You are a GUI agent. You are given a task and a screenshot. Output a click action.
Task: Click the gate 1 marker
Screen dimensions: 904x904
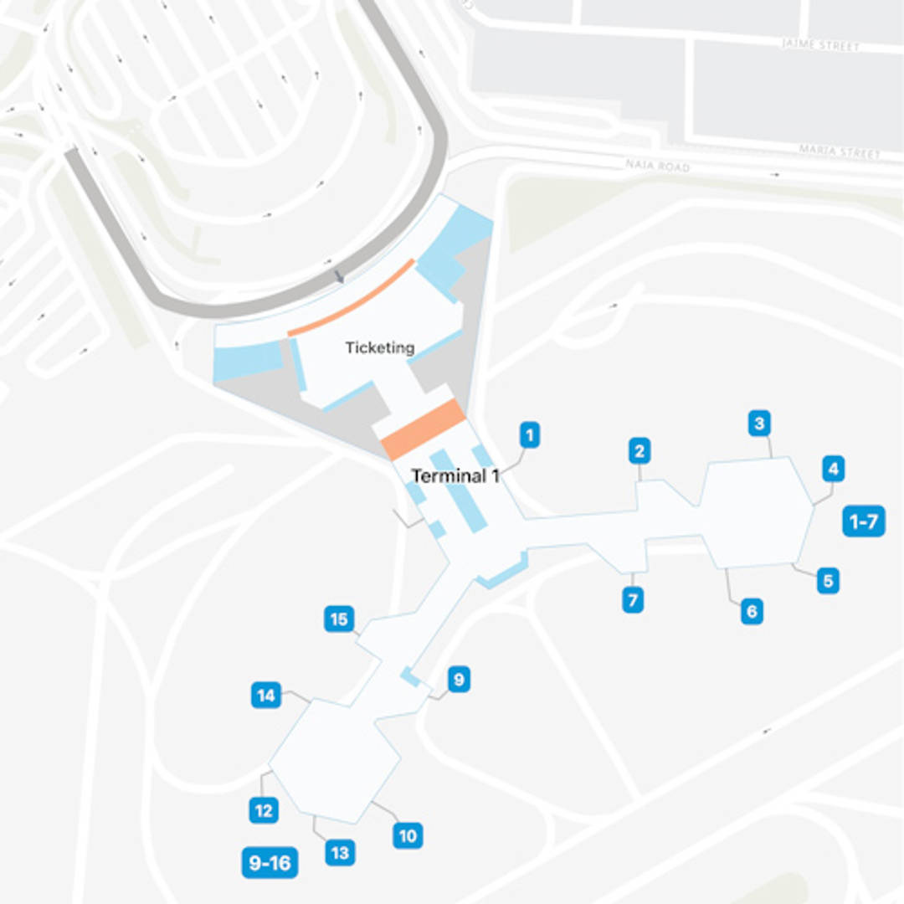tap(529, 435)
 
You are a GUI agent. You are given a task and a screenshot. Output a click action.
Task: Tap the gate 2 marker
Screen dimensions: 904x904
tap(639, 452)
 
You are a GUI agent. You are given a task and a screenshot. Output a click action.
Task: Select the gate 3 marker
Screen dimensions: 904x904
tap(759, 424)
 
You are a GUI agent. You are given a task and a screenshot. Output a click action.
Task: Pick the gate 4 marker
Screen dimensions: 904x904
tap(832, 470)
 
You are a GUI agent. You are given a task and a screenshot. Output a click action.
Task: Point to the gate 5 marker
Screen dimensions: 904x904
tap(828, 580)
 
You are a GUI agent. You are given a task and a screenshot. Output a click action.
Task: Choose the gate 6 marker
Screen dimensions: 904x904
tap(751, 612)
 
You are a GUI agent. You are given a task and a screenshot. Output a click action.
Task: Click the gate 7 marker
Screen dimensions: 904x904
tap(633, 600)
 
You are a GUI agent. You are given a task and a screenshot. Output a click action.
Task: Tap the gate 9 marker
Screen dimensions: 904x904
tap(458, 680)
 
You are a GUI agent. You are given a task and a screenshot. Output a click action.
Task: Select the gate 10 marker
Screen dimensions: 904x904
tap(408, 835)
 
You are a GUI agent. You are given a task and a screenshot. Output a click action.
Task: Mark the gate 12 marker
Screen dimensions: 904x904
tap(264, 810)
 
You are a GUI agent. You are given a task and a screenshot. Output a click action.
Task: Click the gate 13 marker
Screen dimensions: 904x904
tap(340, 853)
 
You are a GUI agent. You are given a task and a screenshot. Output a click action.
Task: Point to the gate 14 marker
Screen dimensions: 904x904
tap(266, 696)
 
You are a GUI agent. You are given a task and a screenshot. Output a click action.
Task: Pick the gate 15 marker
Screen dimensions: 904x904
tap(339, 619)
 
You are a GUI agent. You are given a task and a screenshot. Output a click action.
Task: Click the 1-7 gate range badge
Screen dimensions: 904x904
tap(863, 522)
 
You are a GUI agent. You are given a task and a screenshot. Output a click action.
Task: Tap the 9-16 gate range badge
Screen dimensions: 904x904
tap(270, 863)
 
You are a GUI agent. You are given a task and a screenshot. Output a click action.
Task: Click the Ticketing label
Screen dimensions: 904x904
tap(380, 347)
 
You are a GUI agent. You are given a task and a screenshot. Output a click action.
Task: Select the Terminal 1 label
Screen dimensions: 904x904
tap(455, 476)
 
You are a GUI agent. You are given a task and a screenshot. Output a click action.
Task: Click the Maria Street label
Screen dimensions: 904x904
tap(840, 152)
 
